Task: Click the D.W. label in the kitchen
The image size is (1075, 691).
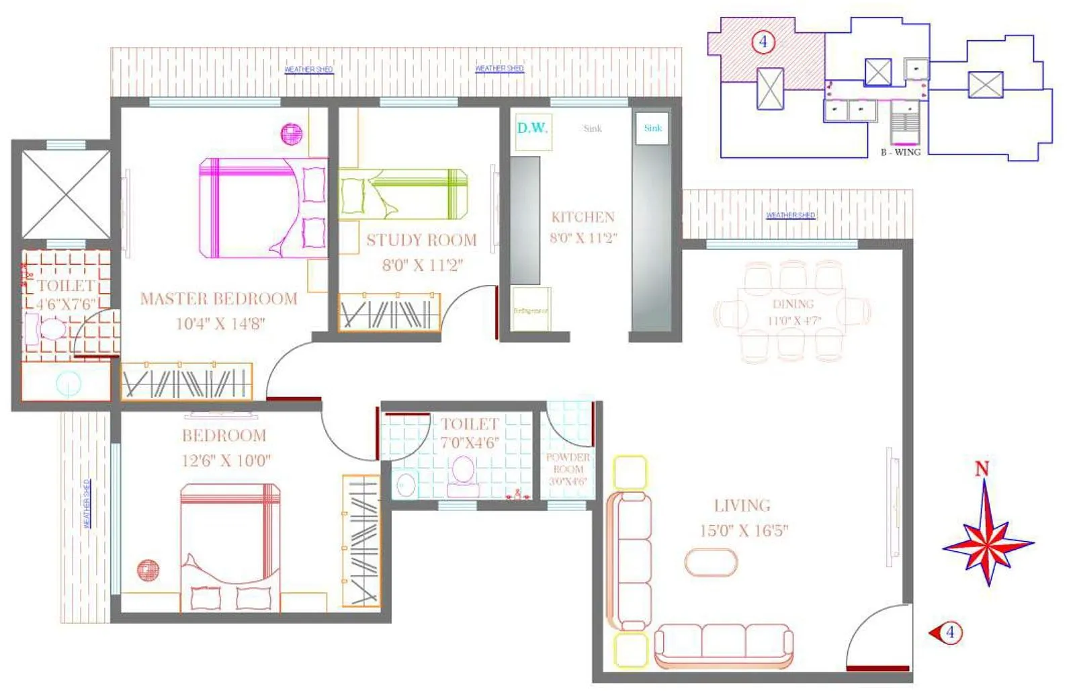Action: [532, 128]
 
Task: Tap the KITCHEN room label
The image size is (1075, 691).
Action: [583, 217]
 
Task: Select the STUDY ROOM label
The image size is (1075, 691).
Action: [421, 240]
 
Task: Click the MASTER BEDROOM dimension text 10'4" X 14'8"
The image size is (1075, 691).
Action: [220, 323]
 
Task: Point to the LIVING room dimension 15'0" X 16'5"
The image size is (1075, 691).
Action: [744, 530]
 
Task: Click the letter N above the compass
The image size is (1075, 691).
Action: [982, 469]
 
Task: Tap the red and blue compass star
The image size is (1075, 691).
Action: [987, 540]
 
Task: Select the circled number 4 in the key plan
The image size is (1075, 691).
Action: [763, 42]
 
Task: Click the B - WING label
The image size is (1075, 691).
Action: [900, 153]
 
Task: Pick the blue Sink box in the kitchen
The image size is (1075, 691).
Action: [652, 128]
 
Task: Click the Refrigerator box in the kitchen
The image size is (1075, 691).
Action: [531, 310]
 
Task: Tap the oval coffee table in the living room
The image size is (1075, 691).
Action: [711, 562]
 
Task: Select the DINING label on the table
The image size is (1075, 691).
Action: [793, 304]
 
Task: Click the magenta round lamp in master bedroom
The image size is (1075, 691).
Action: [291, 134]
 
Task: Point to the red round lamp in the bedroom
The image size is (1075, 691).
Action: [148, 571]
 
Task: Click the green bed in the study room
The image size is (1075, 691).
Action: [403, 194]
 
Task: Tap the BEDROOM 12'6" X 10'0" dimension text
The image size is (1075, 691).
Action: [226, 460]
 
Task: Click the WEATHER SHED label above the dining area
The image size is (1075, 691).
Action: [791, 215]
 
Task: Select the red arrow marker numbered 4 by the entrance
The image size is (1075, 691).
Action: [946, 633]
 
